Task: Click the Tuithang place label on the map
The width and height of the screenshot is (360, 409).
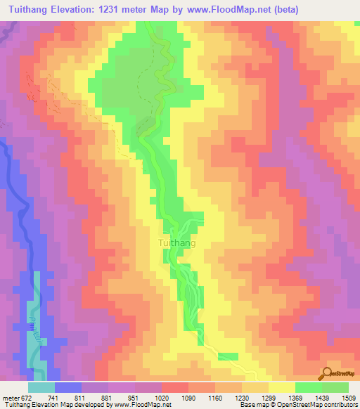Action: pyautogui.click(x=172, y=243)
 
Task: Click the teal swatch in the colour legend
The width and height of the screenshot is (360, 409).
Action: pyautogui.click(x=41, y=387)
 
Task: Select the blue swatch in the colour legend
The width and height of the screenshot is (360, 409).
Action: pyautogui.click(x=68, y=387)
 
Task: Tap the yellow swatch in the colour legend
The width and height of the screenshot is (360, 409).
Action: pyautogui.click(x=281, y=387)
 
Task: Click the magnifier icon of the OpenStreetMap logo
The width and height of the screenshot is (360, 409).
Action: pyautogui.click(x=327, y=372)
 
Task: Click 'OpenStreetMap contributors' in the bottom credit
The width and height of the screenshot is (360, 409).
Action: pyautogui.click(x=311, y=405)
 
